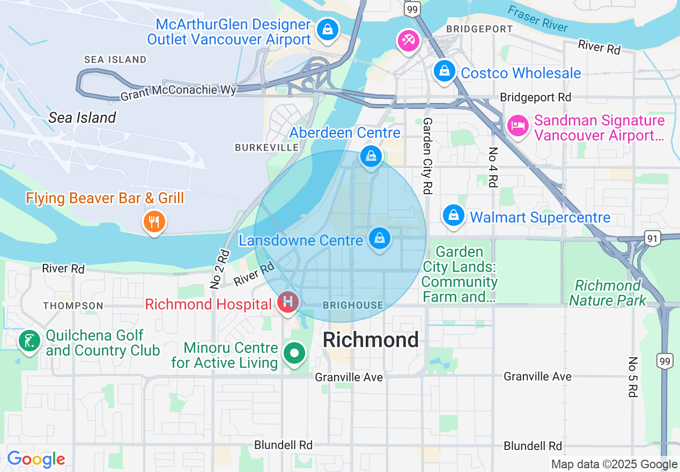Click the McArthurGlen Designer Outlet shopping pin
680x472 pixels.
click(327, 29)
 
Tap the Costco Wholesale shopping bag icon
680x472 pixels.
click(444, 71)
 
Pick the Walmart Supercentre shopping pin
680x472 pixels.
click(454, 216)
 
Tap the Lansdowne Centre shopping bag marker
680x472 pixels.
click(380, 238)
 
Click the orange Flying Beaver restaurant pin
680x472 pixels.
click(154, 221)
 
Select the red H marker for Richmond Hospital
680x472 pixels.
click(288, 303)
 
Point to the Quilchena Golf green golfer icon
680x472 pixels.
click(29, 341)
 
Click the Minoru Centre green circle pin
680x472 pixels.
click(294, 354)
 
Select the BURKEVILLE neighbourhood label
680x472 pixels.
click(267, 147)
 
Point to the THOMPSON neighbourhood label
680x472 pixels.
click(73, 306)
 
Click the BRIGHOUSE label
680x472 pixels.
click(353, 305)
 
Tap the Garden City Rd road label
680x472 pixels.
click(427, 156)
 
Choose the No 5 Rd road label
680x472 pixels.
click(633, 377)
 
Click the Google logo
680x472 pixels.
click(36, 459)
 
